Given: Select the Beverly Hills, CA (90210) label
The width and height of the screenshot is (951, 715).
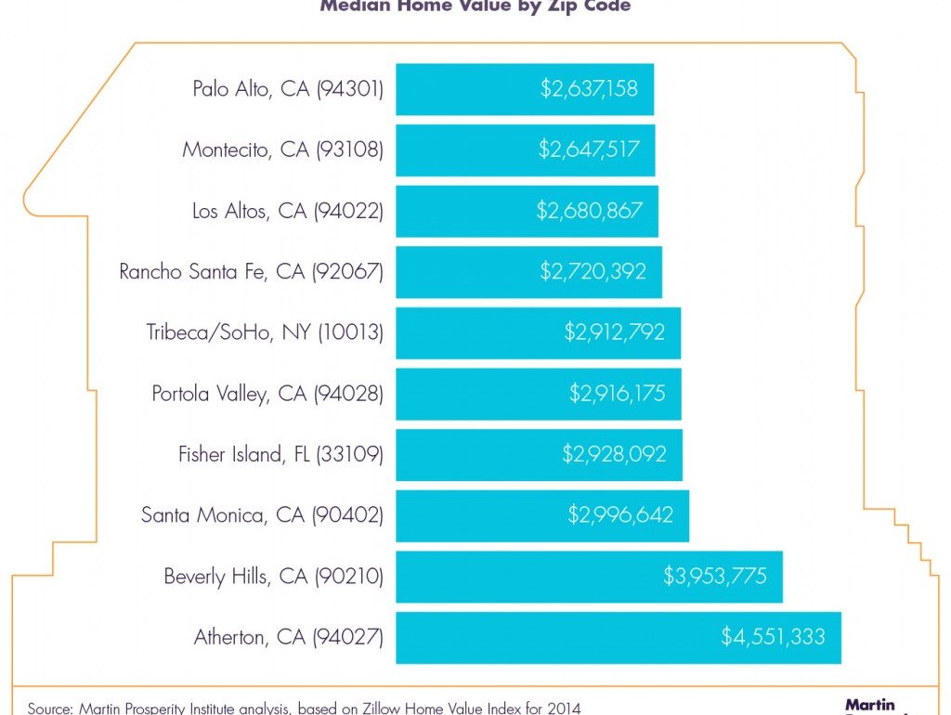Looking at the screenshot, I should tap(273, 577).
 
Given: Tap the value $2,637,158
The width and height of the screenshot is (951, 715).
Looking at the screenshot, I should tap(589, 89).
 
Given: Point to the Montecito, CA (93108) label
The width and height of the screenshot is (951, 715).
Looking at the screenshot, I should tap(282, 149).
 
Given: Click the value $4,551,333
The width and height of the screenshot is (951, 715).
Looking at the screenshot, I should tap(773, 637).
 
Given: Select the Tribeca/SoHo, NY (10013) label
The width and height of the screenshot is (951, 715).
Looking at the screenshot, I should tap(265, 332).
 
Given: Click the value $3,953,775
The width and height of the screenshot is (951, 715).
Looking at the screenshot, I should tap(715, 577).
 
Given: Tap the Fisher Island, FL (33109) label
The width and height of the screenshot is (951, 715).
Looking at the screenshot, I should tap(280, 455).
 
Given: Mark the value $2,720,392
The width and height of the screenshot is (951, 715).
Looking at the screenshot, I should tap(593, 271).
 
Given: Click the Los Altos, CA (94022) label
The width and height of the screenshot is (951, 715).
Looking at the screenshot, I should tap(287, 211).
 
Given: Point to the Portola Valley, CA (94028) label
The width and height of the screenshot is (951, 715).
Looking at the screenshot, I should tap(267, 394).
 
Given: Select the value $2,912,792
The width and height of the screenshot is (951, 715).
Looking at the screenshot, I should tap(615, 332).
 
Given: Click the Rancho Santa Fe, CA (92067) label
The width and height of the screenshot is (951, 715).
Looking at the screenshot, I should tap(251, 271).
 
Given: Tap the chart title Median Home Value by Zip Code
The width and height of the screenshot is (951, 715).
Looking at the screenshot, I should tap(475, 6).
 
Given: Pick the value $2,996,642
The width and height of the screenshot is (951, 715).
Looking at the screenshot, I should tap(620, 515).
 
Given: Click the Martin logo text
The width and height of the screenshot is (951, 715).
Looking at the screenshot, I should tap(869, 706).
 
